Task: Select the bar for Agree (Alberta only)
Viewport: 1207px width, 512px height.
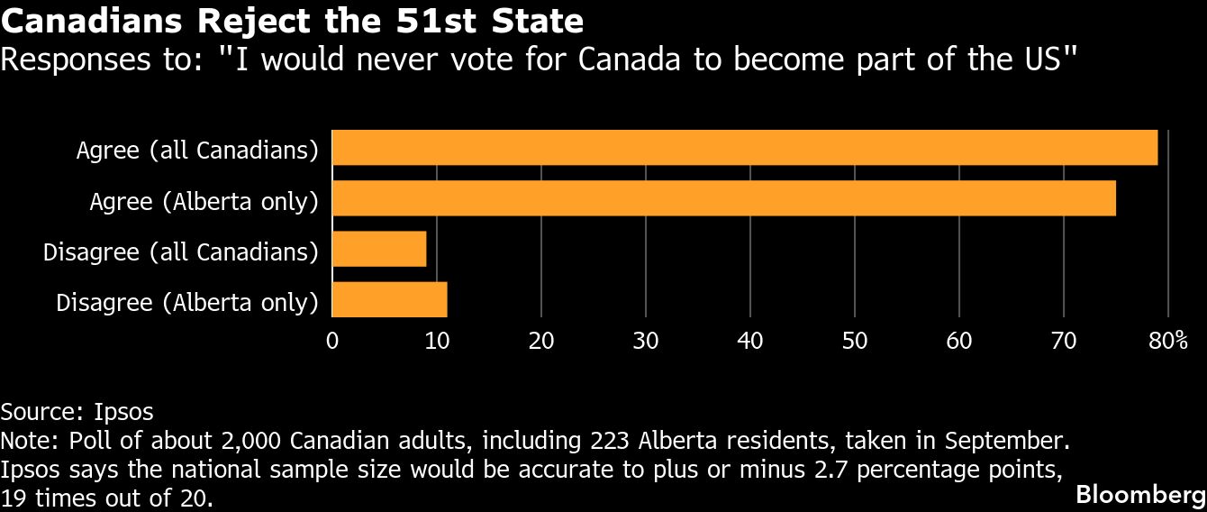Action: pyautogui.click(x=724, y=198)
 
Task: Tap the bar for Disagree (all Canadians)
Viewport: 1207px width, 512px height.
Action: pyautogui.click(x=379, y=249)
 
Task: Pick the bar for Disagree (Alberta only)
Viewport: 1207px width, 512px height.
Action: pyautogui.click(x=390, y=299)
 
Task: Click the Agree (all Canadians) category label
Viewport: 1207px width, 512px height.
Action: pyautogui.click(x=197, y=150)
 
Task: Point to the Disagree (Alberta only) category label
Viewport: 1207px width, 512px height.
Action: pyautogui.click(x=187, y=302)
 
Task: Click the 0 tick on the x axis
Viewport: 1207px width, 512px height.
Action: pyautogui.click(x=332, y=341)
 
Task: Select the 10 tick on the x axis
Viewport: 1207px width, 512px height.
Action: pyautogui.click(x=437, y=341)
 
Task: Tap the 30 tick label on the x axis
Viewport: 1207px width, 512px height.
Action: pyautogui.click(x=646, y=341)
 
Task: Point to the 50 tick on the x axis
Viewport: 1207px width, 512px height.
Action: pyautogui.click(x=855, y=341)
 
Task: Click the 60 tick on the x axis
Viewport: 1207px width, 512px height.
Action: pyautogui.click(x=959, y=341)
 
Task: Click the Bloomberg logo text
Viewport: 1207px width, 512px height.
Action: pyautogui.click(x=1141, y=495)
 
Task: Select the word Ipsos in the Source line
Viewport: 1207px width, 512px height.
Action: pyautogui.click(x=123, y=412)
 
